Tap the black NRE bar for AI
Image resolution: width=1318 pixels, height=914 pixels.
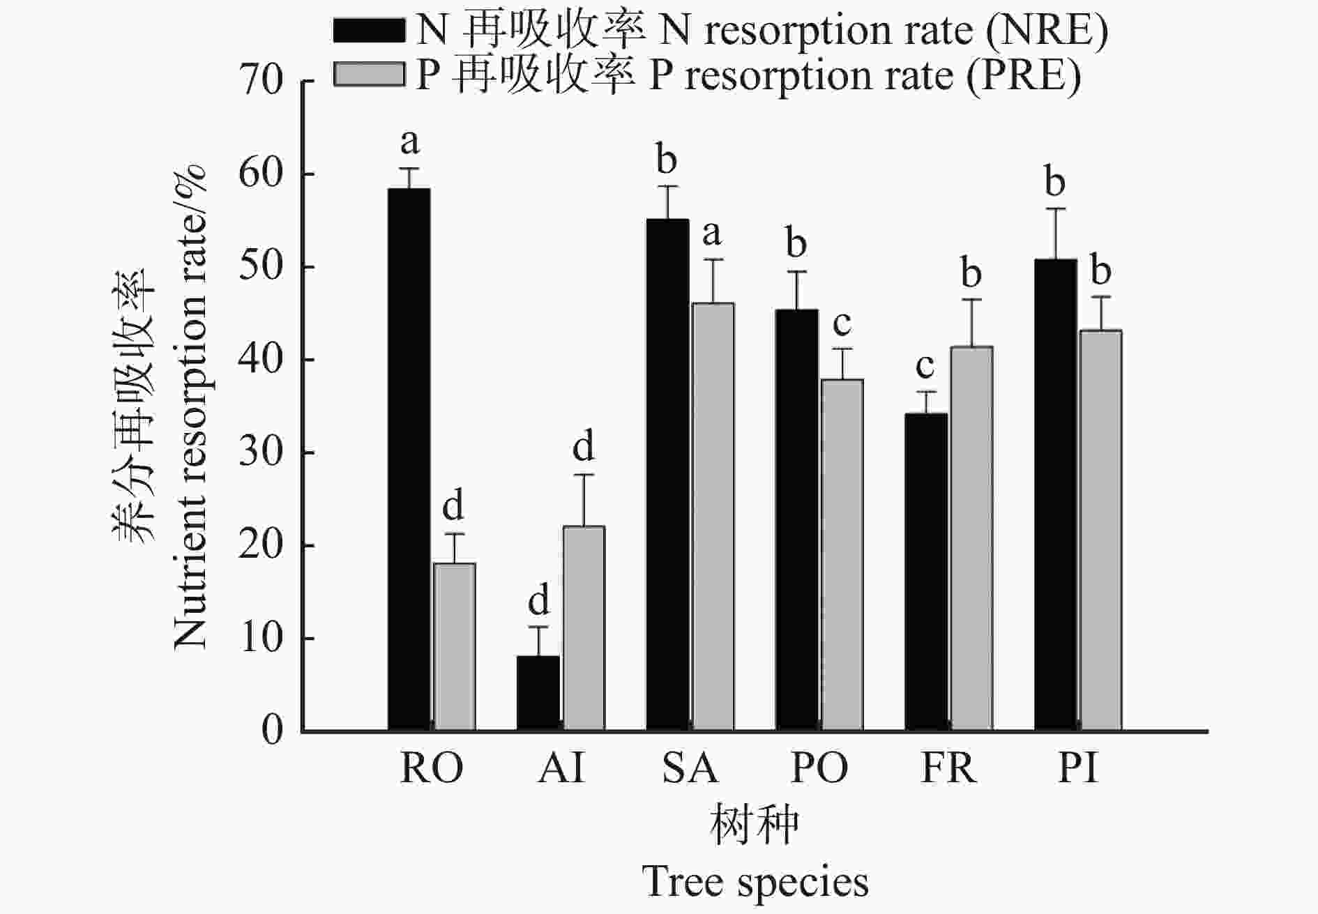[538, 693]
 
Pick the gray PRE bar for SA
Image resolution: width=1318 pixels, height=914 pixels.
[713, 517]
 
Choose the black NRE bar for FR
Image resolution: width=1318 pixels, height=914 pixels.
[926, 572]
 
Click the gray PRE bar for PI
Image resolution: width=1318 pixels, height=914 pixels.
[1100, 530]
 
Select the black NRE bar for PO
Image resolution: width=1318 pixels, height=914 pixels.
[796, 520]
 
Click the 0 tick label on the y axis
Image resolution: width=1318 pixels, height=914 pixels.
[272, 731]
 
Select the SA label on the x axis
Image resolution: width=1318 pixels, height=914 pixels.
[689, 768]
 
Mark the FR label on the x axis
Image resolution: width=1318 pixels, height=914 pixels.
[948, 768]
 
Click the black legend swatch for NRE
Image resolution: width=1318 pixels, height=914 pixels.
[369, 30]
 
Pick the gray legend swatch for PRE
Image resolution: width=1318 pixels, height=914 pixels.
[369, 74]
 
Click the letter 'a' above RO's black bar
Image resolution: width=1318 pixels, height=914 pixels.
[410, 142]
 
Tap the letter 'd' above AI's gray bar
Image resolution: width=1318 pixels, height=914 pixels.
[583, 446]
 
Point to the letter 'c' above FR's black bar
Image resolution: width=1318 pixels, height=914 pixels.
[925, 365]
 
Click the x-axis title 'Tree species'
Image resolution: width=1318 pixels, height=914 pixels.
[755, 881]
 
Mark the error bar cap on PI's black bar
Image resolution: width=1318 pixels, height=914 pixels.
[1055, 208]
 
